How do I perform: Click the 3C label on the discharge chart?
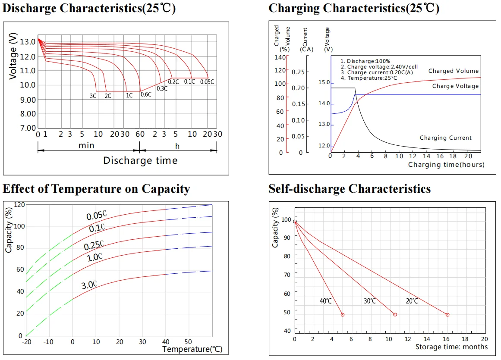click(93, 96)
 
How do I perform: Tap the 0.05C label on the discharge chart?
click(207, 81)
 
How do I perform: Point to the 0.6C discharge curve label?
click(146, 94)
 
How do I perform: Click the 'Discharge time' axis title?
click(140, 161)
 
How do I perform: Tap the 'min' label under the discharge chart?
click(86, 146)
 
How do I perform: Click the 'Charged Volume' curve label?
click(453, 71)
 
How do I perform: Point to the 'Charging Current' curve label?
click(446, 138)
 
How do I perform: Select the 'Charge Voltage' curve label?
click(455, 86)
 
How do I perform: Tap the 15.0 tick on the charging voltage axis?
click(323, 82)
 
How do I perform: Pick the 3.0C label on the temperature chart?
click(89, 285)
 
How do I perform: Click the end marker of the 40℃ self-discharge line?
click(343, 315)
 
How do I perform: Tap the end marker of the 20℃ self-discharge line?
click(447, 315)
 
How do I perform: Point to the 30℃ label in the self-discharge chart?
click(370, 301)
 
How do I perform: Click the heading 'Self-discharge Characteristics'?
click(350, 189)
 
